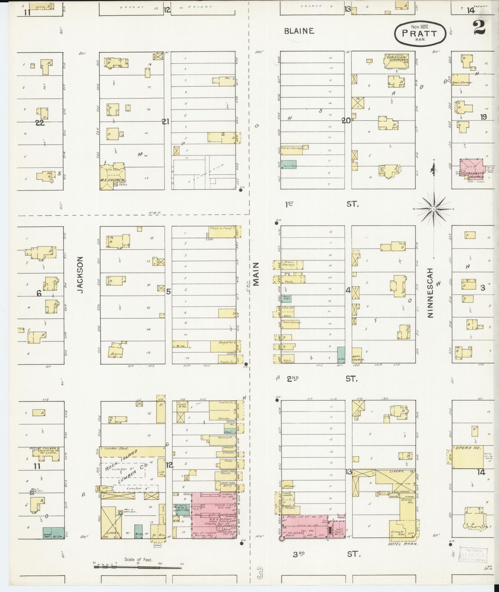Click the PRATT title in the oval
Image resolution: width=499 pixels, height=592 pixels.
pyautogui.click(x=419, y=34)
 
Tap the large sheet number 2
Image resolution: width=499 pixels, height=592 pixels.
pyautogui.click(x=479, y=27)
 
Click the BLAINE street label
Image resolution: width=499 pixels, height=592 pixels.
pyautogui.click(x=299, y=31)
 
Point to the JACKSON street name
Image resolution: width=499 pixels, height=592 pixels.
pyautogui.click(x=80, y=275)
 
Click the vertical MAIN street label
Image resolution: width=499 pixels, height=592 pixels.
pyautogui.click(x=256, y=274)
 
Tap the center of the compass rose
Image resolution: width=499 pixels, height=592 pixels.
pyautogui.click(x=434, y=209)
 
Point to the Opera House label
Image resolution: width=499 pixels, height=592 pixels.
pyautogui.click(x=465, y=448)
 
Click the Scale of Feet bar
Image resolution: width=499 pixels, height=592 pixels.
pyautogui.click(x=138, y=567)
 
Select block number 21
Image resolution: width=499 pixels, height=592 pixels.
pyautogui.click(x=166, y=121)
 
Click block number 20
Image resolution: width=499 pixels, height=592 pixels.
pyautogui.click(x=346, y=121)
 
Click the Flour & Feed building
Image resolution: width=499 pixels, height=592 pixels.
pyautogui.click(x=222, y=231)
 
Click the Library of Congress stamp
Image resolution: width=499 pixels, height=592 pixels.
pyautogui.click(x=472, y=555)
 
